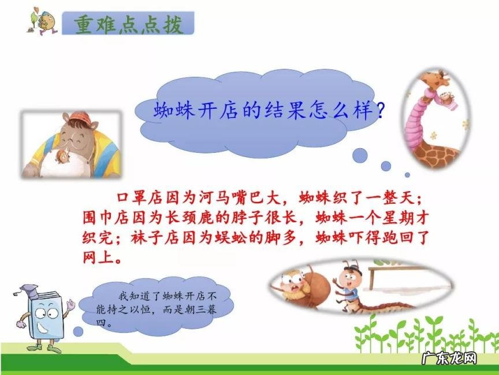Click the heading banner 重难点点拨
pos(128,24)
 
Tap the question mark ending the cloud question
pos(379,110)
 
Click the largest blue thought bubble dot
pos(360,155)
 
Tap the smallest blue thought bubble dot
pos(407,174)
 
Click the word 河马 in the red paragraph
pos(197,198)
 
